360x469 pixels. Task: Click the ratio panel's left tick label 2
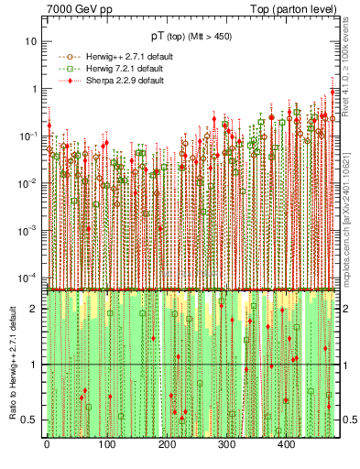(x=35, y=309)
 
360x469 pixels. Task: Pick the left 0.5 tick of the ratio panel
(x=31, y=420)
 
